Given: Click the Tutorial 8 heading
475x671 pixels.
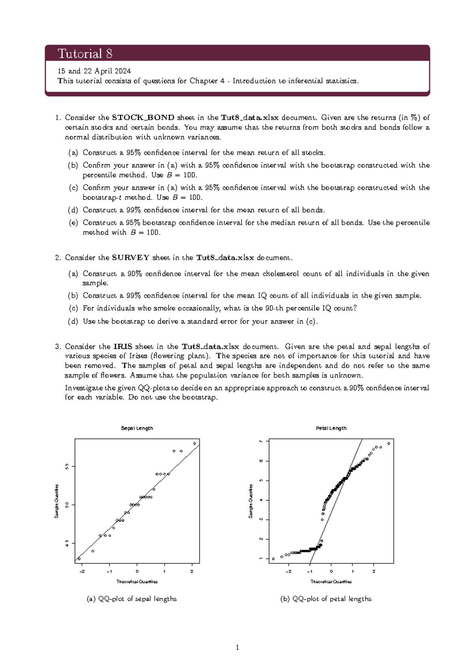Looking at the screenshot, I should point(85,53).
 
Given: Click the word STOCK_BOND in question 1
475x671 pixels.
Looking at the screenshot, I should point(143,118).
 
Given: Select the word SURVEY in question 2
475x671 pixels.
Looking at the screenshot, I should point(131,258).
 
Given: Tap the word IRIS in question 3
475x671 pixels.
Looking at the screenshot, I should point(123,347).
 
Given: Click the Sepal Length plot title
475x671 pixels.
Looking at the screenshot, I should point(137,428).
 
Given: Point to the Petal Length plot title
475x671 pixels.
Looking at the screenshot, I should point(331,428).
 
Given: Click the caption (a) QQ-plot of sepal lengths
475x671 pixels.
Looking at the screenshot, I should point(131,599).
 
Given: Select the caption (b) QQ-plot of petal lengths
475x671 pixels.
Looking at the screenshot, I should point(326,599).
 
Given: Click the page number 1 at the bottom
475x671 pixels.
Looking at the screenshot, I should point(237,648).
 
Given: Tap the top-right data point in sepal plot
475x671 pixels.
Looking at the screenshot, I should point(195,444).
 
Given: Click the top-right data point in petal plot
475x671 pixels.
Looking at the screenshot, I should point(389,444).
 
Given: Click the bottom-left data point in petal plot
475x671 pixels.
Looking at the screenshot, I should point(273,559).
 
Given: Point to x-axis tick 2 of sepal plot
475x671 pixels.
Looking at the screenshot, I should point(192,571).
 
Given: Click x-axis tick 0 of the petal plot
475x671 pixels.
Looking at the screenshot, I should point(331,571).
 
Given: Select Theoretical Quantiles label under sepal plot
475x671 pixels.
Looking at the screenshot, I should point(137,582).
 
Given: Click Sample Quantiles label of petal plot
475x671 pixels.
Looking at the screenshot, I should point(251,501).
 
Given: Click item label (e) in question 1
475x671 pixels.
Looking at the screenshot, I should point(73,223).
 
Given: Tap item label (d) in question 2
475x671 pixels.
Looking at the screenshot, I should point(73,322).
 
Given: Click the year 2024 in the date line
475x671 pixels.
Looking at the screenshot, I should point(123,71).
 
